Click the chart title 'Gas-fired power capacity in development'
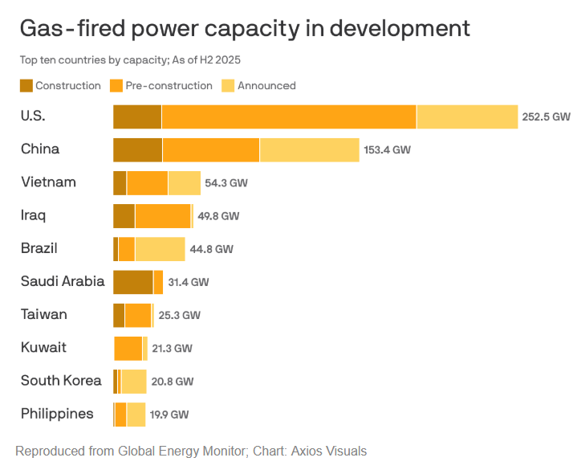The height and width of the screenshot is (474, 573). coord(245,29)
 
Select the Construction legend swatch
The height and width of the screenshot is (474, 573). coord(26,86)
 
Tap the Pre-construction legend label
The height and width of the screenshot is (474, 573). coord(169,86)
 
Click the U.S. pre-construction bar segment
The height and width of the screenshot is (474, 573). coord(289,116)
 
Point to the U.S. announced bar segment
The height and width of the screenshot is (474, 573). coord(467,116)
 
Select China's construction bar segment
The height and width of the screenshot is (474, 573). coord(137,149)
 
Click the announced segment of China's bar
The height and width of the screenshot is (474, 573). coord(309,149)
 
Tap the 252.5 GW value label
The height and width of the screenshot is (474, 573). coord(546,116)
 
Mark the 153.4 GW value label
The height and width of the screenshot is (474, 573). coord(387,150)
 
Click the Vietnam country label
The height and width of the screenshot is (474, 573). coord(48,182)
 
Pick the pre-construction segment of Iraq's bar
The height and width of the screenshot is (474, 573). coord(163,216)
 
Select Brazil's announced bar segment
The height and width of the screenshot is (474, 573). coord(160,249)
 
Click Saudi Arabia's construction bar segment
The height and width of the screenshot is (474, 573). coord(133,282)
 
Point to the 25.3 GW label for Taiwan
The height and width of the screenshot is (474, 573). coord(179,316)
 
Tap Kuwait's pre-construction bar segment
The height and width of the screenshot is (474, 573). coord(128,349)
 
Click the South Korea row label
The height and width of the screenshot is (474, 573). coord(61,381)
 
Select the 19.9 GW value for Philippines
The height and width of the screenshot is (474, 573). coord(169,415)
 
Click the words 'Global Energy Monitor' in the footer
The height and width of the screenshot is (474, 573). coord(180,452)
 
